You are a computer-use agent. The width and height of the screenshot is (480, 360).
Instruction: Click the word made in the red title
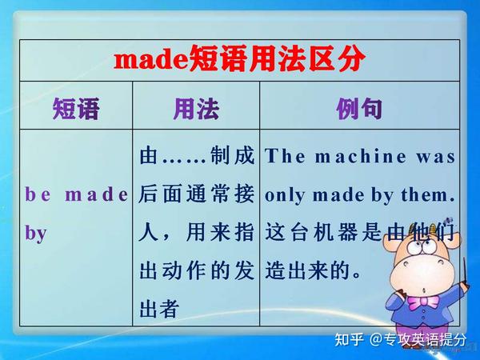point(151,58)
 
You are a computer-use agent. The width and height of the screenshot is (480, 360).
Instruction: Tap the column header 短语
point(76,108)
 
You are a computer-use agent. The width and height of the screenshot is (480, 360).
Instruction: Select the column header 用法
point(196,108)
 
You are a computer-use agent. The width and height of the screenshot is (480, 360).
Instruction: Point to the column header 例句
point(359,108)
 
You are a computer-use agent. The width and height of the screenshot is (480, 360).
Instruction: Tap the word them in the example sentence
point(430,194)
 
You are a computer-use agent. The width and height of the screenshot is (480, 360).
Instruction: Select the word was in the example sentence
point(438,157)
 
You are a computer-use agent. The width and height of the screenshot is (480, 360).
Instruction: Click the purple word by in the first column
point(37,234)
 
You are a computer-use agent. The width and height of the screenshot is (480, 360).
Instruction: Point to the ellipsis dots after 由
point(185,158)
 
